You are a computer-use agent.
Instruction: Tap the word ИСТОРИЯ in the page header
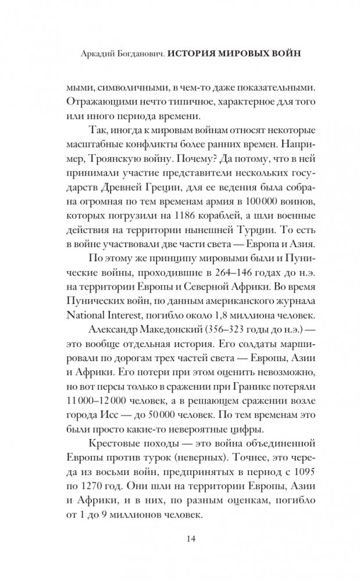tap(191, 53)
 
